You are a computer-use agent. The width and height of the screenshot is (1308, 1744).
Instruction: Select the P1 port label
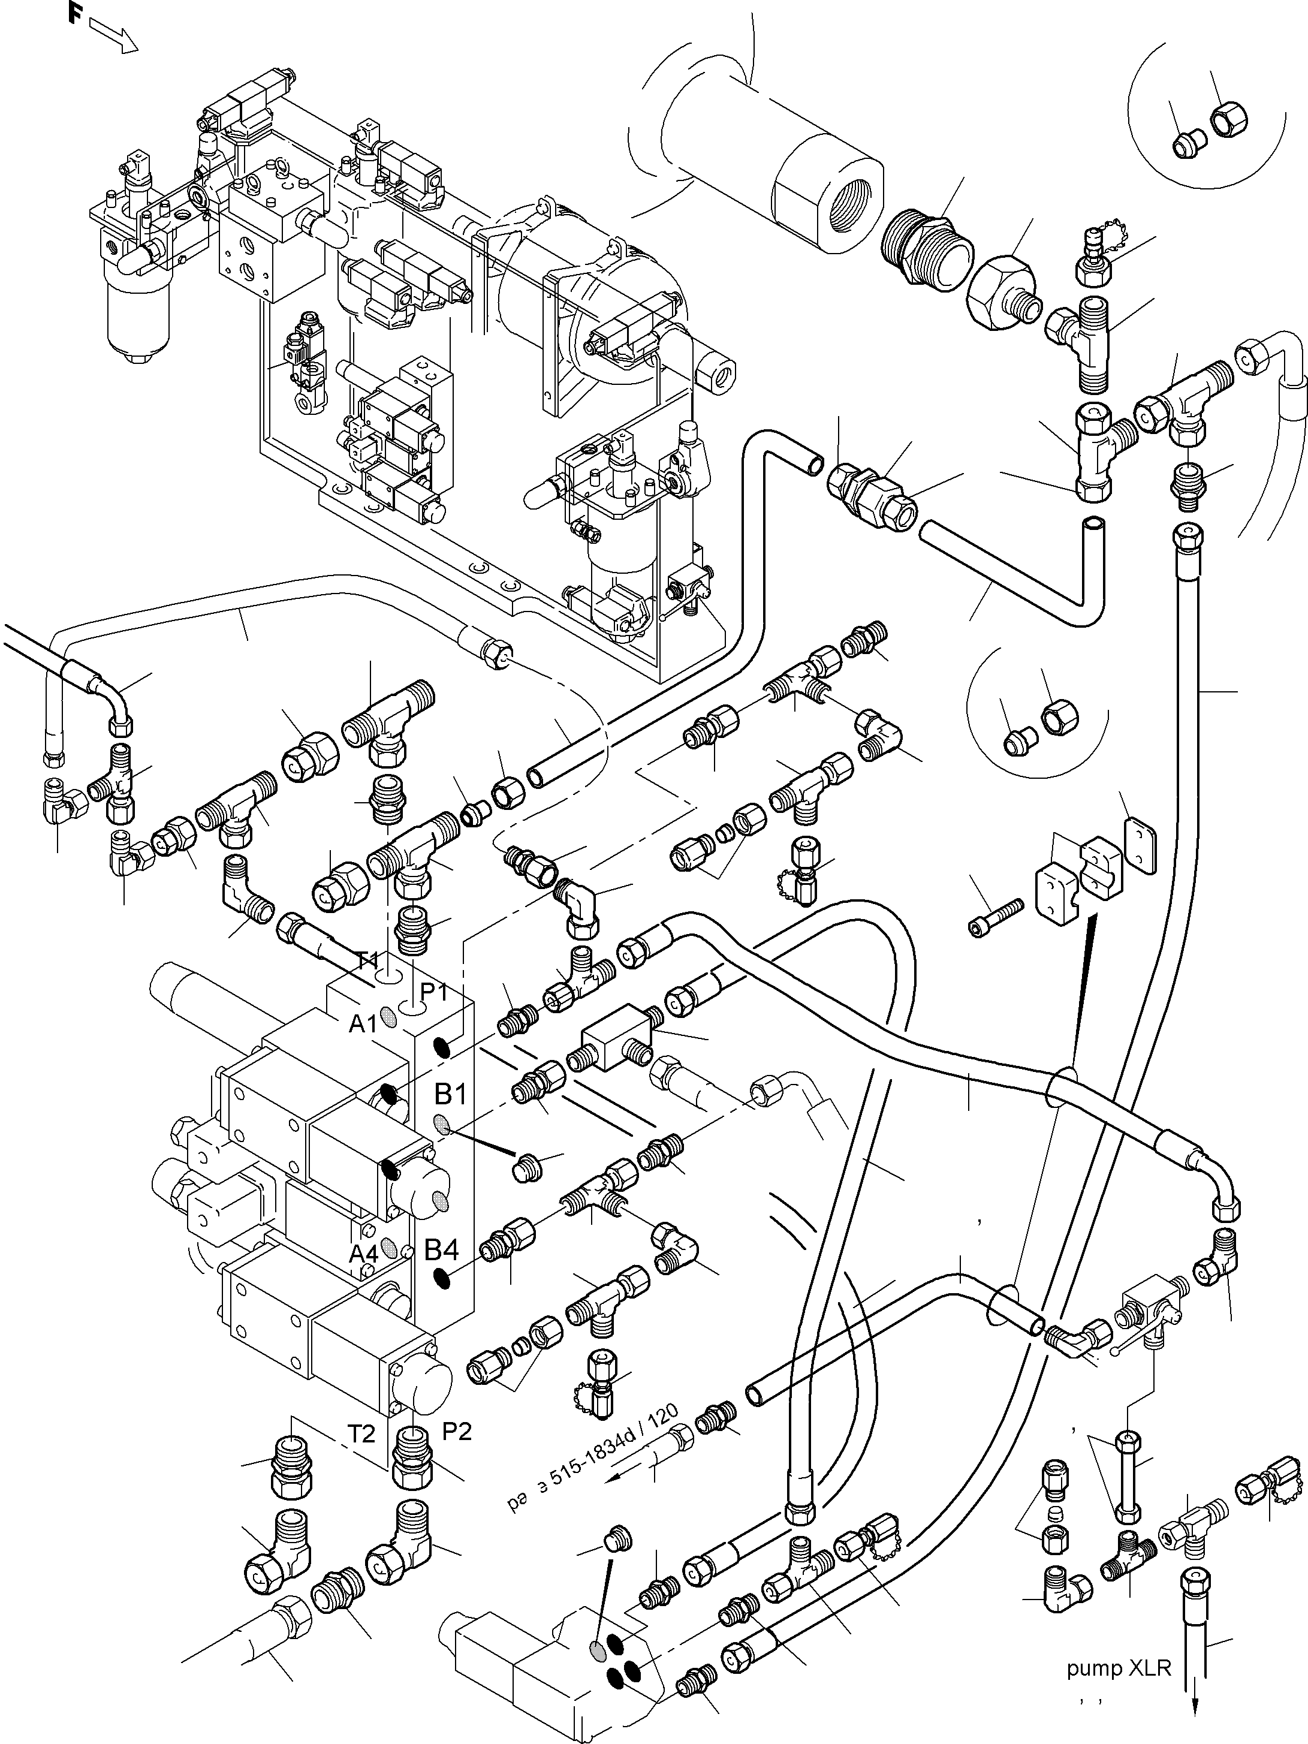(x=433, y=990)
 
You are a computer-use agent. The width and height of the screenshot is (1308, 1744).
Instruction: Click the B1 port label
(x=451, y=1094)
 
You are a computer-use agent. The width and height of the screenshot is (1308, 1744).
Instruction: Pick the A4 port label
(x=363, y=1253)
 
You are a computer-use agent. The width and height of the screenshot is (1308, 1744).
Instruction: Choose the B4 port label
(x=442, y=1249)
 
